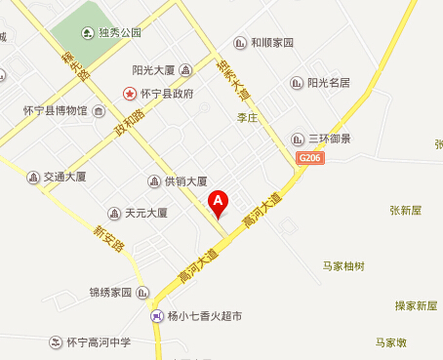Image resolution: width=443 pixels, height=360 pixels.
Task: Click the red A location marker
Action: (219, 201)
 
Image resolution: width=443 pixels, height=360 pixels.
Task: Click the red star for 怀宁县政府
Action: (128, 94)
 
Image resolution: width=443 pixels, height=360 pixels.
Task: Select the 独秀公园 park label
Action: (118, 32)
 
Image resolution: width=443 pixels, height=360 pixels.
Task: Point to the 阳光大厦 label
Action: (153, 69)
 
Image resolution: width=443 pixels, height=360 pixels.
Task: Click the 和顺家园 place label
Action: (271, 43)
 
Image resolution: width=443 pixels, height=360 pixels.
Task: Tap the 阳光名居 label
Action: (328, 83)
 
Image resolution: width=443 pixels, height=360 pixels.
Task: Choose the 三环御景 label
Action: (328, 139)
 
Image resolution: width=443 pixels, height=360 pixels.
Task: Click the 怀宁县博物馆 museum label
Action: (55, 111)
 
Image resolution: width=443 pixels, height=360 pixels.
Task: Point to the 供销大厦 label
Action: (184, 180)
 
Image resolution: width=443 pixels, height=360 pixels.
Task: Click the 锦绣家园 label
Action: (109, 292)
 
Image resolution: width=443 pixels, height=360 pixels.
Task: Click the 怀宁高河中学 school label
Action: (98, 342)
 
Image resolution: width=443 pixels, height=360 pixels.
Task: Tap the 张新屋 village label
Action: (404, 210)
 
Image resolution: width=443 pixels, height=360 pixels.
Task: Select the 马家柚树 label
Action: (342, 265)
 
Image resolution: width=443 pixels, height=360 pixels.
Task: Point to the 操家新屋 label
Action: (416, 305)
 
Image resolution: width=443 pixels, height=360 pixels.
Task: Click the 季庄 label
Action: (245, 117)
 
